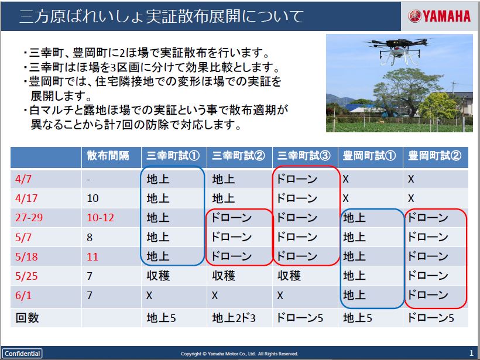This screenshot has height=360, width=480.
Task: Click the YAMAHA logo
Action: click(439, 16)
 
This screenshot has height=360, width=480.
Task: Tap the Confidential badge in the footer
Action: click(22, 354)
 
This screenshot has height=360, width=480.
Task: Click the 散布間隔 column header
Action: click(108, 156)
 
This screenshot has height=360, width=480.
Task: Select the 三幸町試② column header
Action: click(238, 156)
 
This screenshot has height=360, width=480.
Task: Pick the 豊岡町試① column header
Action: click(369, 156)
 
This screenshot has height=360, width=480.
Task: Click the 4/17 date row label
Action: click(26, 198)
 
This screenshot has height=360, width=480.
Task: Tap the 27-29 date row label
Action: click(29, 218)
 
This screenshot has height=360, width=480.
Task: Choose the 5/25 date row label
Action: click(26, 276)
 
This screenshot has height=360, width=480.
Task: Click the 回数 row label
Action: click(28, 318)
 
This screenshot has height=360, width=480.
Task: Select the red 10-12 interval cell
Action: click(101, 218)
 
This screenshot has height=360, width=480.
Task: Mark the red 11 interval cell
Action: click(92, 256)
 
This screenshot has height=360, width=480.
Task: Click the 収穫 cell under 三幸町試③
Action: click(289, 276)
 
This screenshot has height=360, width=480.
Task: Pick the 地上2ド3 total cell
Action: click(234, 318)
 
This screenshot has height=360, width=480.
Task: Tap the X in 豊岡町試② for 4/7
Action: click(411, 179)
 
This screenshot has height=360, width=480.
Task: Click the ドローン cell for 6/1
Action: click(428, 295)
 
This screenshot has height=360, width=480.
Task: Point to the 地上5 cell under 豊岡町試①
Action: click(358, 318)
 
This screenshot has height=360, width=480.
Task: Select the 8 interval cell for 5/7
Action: click(90, 237)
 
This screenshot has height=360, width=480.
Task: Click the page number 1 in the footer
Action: click(471, 353)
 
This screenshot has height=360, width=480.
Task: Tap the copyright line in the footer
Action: click(239, 354)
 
